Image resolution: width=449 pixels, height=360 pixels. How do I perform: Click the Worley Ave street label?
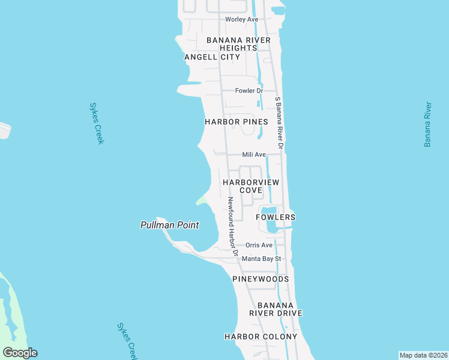pyautogui.click(x=241, y=19)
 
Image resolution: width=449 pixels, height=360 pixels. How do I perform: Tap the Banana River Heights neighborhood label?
pyautogui.click(x=238, y=44)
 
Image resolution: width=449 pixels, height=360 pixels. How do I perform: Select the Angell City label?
pyautogui.click(x=212, y=57)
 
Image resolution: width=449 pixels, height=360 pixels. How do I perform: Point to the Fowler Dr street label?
pyautogui.click(x=249, y=91)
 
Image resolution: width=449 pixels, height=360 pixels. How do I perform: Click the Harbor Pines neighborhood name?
pyautogui.click(x=236, y=121)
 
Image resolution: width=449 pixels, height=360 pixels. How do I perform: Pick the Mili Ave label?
pyautogui.click(x=254, y=154)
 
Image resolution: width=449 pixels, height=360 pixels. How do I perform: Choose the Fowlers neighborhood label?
pyautogui.click(x=276, y=217)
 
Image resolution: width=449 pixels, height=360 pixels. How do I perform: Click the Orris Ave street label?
pyautogui.click(x=259, y=245)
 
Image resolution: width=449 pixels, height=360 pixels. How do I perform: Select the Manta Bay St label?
pyautogui.click(x=261, y=259)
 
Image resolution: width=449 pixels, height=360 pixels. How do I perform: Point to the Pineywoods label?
pyautogui.click(x=261, y=279)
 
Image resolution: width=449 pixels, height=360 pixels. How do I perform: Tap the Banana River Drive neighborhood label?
pyautogui.click(x=276, y=308)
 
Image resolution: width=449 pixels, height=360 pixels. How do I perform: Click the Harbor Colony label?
pyautogui.click(x=261, y=337)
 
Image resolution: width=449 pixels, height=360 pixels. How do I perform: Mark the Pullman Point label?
pyautogui.click(x=169, y=225)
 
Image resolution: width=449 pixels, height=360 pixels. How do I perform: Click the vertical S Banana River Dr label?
pyautogui.click(x=279, y=123)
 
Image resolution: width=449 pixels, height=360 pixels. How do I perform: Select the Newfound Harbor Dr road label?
pyautogui.click(x=232, y=226)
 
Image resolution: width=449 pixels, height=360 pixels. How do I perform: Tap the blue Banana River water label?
pyautogui.click(x=428, y=125)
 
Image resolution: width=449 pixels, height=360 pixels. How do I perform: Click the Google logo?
pyautogui.click(x=20, y=353)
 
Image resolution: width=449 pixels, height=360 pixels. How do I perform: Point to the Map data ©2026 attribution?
pyautogui.click(x=423, y=355)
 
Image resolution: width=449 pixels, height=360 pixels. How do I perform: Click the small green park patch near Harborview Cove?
pyautogui.click(x=202, y=200)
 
